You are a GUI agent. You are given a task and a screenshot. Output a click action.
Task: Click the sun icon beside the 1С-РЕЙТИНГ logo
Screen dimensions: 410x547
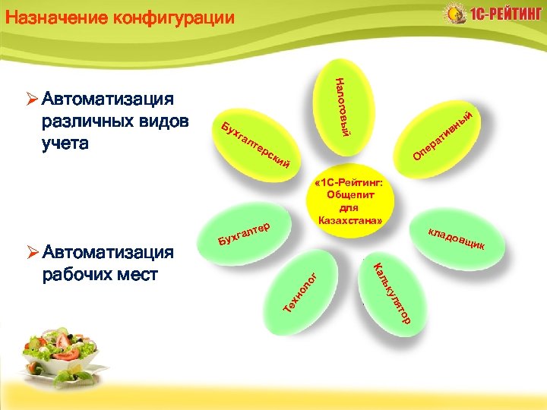(454, 14)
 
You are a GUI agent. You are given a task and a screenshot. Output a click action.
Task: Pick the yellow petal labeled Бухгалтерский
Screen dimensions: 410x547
(255, 143)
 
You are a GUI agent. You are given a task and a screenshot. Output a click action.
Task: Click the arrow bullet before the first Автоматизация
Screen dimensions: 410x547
(31, 99)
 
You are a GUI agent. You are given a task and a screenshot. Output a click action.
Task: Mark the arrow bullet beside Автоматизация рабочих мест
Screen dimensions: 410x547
(31, 251)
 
